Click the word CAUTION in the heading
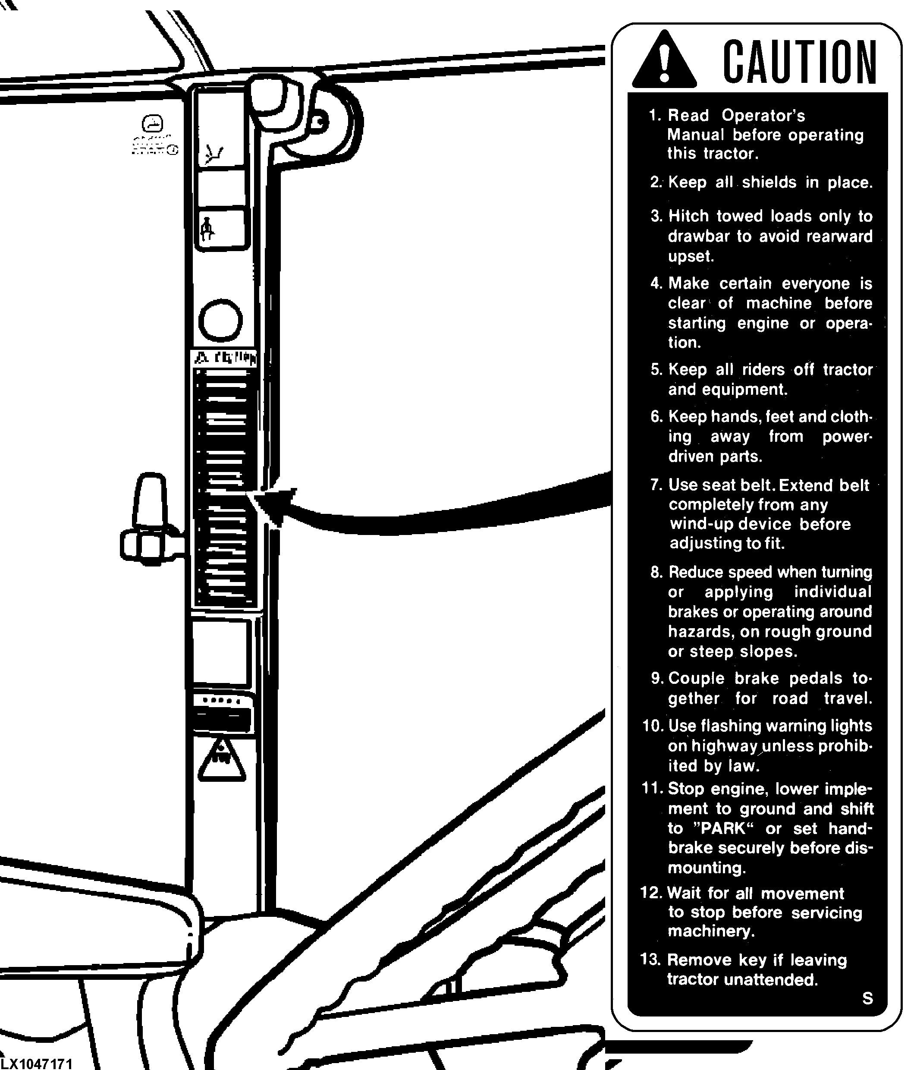(x=799, y=63)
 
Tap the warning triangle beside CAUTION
(x=665, y=61)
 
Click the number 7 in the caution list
(x=656, y=485)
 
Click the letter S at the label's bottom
(x=867, y=998)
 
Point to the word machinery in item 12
(x=711, y=931)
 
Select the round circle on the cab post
(x=220, y=320)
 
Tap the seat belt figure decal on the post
(x=208, y=228)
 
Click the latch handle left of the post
(x=149, y=522)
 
